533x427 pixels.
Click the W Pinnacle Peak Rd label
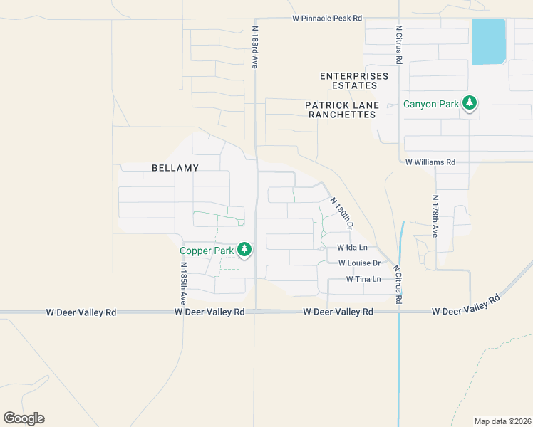(327, 17)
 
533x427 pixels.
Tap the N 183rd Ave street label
(254, 48)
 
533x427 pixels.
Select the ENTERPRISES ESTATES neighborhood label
(354, 80)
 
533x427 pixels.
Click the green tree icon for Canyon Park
(469, 104)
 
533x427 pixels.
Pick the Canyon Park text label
(431, 105)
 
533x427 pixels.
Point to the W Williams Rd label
(430, 162)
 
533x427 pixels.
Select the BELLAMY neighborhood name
(175, 168)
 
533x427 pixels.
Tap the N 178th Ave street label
(435, 216)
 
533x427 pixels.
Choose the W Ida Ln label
(352, 248)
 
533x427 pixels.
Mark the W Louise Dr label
(360, 263)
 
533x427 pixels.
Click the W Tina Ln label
(363, 279)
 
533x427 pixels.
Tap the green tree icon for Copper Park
(244, 249)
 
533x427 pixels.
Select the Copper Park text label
(206, 251)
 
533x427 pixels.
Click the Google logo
(24, 418)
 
